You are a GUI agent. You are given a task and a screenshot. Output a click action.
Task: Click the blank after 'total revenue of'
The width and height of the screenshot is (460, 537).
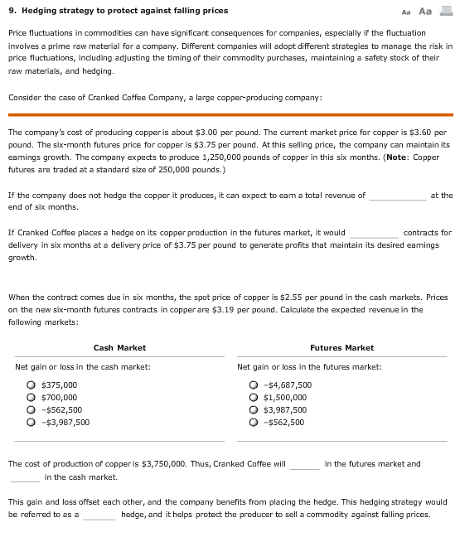tap(398, 196)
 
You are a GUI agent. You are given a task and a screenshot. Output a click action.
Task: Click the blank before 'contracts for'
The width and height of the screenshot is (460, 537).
tap(374, 234)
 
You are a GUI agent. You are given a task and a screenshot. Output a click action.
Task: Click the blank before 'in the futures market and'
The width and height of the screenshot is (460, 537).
tap(304, 465)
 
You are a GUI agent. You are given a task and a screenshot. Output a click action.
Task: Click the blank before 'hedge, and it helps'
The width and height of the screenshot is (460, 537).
tap(99, 515)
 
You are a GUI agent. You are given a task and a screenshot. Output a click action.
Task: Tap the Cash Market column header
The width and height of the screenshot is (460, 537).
tap(119, 348)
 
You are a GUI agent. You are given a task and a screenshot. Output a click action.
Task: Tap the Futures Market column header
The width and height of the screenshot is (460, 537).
tap(341, 348)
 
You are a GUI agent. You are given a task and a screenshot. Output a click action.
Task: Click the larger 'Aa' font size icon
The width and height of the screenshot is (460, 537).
tap(426, 11)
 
